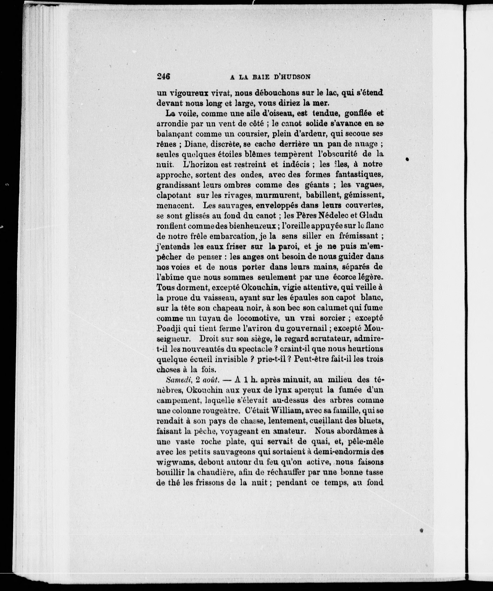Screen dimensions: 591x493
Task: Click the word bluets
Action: click(x=371, y=421)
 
